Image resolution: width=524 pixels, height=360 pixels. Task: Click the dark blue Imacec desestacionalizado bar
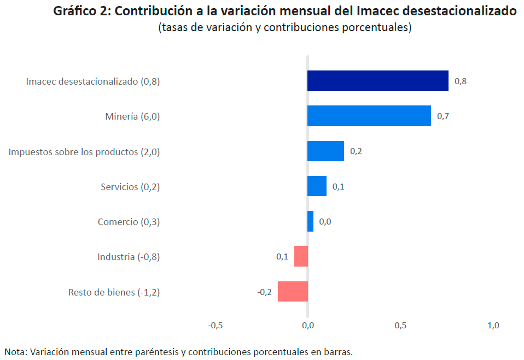pyautogui.click(x=377, y=81)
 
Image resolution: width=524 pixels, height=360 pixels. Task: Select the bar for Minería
pyautogui.click(x=369, y=116)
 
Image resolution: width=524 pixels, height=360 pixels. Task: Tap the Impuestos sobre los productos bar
pyautogui.click(x=325, y=151)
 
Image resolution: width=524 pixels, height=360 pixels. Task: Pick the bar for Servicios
pyautogui.click(x=317, y=186)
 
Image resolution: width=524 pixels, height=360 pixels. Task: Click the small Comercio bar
pyautogui.click(x=310, y=221)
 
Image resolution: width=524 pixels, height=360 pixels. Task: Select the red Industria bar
pyautogui.click(x=301, y=256)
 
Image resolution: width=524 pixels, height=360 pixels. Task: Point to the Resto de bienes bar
pyautogui.click(x=293, y=291)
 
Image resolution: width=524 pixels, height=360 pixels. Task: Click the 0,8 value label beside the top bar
pyautogui.click(x=460, y=81)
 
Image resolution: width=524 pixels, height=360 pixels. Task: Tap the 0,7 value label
pyautogui.click(x=443, y=116)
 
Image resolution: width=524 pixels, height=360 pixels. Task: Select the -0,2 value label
pyautogui.click(x=265, y=292)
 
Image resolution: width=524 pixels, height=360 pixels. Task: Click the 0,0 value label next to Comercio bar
pyautogui.click(x=325, y=222)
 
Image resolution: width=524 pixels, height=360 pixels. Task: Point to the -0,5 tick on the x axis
pyautogui.click(x=216, y=326)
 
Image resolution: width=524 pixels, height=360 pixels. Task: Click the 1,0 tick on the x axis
pyautogui.click(x=493, y=326)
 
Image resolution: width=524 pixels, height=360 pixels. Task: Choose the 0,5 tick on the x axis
pyautogui.click(x=400, y=326)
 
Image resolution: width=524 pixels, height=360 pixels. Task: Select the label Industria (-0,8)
pyautogui.click(x=129, y=257)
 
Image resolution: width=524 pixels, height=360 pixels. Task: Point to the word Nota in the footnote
pyautogui.click(x=15, y=352)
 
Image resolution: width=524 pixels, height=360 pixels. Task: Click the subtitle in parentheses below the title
pyautogui.click(x=284, y=28)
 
